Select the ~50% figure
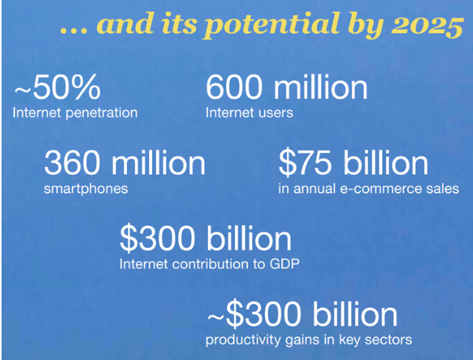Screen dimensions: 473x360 [x=57, y=87]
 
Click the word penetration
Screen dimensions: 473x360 [x=102, y=113]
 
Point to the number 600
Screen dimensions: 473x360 [x=234, y=87]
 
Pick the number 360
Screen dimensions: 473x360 [x=72, y=163]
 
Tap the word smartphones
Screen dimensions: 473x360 [x=86, y=189]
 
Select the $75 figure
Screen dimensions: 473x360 [x=304, y=163]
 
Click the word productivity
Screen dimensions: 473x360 [x=244, y=340]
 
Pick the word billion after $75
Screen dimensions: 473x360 [x=386, y=162]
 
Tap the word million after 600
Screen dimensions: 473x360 [x=321, y=87]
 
